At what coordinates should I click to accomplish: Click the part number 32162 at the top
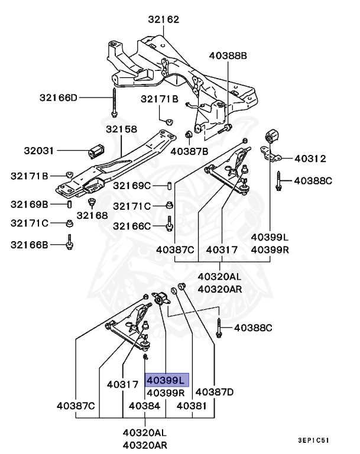(164, 20)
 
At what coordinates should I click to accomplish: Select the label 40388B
(228, 56)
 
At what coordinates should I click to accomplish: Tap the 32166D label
(59, 97)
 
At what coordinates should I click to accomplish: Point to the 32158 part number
(121, 129)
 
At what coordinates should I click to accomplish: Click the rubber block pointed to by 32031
(96, 151)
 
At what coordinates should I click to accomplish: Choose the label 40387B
(189, 151)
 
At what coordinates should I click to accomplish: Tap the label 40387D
(215, 391)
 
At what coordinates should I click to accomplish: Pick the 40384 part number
(144, 406)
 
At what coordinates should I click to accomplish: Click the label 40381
(193, 406)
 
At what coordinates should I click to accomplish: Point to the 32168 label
(92, 215)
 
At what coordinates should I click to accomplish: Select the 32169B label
(29, 205)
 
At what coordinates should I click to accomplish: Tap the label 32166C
(132, 226)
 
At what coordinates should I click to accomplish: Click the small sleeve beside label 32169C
(169, 187)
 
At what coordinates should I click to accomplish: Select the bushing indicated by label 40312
(273, 137)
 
